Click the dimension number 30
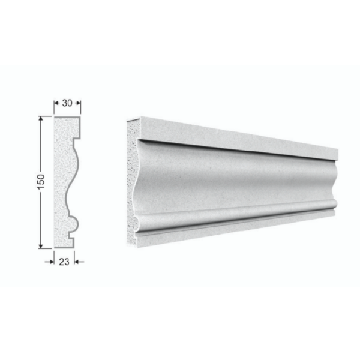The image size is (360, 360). (x=67, y=103)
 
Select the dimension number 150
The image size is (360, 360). (x=41, y=182)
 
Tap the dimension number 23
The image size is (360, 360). (x=64, y=262)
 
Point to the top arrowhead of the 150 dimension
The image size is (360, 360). (x=41, y=119)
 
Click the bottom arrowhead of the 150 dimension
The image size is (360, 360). (x=41, y=246)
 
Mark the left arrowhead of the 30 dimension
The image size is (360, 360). (x=56, y=103)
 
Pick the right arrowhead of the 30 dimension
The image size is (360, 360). (x=78, y=103)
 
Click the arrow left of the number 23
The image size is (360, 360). (x=49, y=262)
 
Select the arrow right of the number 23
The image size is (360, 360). (x=79, y=262)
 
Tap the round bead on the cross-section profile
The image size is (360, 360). (x=74, y=224)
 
